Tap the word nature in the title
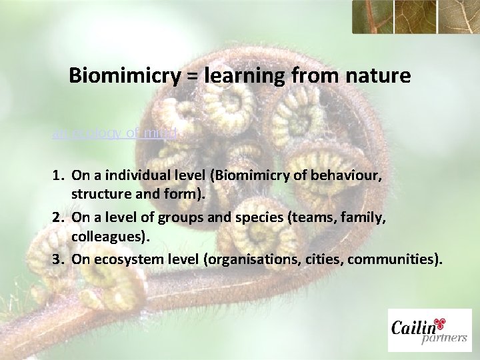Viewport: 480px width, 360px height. (377, 76)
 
